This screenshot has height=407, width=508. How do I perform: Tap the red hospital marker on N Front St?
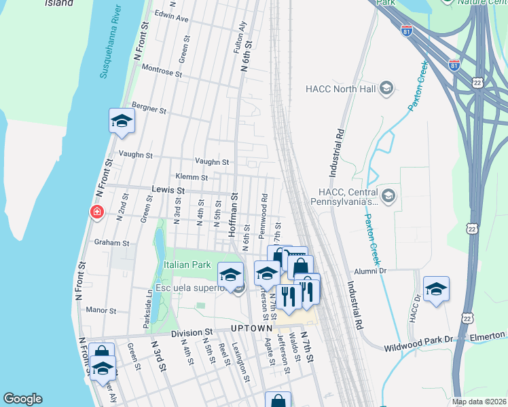pyautogui.click(x=97, y=213)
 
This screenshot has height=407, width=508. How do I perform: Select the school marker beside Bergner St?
pyautogui.click(x=122, y=121)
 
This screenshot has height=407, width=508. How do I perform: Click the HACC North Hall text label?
pyautogui.click(x=340, y=88)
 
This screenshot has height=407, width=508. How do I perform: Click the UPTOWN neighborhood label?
pyautogui.click(x=251, y=328)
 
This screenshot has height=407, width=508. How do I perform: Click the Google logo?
pyautogui.click(x=22, y=399)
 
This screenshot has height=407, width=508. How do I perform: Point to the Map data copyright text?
pyautogui.click(x=479, y=402)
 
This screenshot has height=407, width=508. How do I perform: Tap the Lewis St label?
pyautogui.click(x=168, y=191)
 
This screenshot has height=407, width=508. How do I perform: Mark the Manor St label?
pyautogui.click(x=102, y=310)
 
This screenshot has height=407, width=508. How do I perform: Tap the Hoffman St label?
pyautogui.click(x=232, y=214)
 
